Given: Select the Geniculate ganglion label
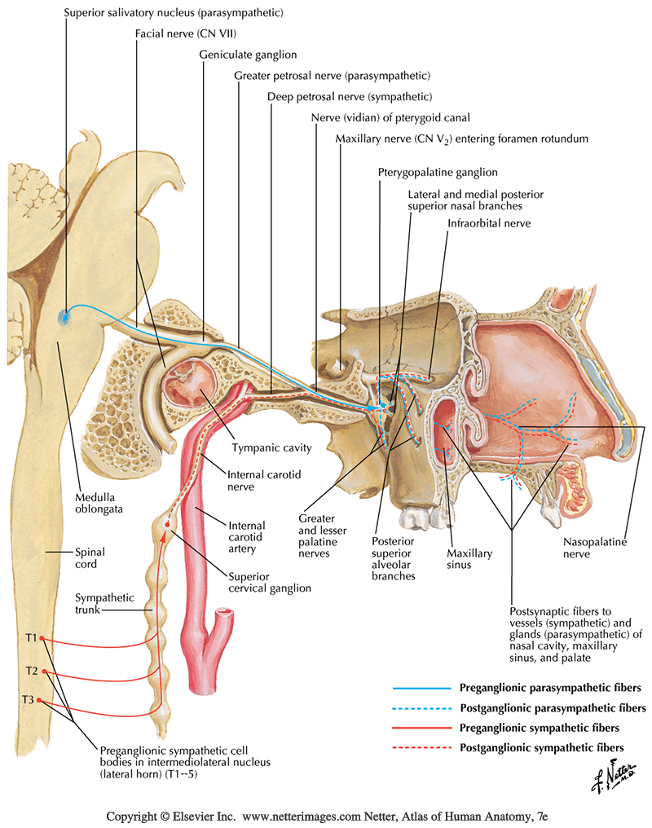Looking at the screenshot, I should pos(248,55).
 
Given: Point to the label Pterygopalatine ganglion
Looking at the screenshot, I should pos(438,173).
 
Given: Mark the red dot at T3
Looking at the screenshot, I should pos(39,701).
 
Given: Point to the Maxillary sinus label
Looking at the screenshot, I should pos(469,558).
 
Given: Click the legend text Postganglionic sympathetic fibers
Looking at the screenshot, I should pos(542,747).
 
